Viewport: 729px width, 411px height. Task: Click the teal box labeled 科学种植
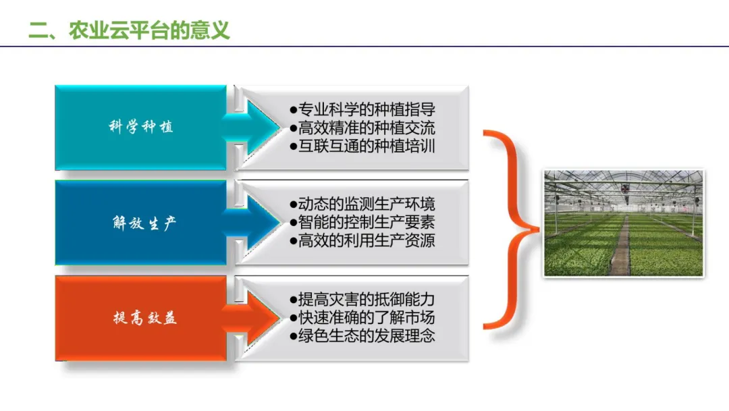[140, 127]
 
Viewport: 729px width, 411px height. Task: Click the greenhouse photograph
[624, 223]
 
